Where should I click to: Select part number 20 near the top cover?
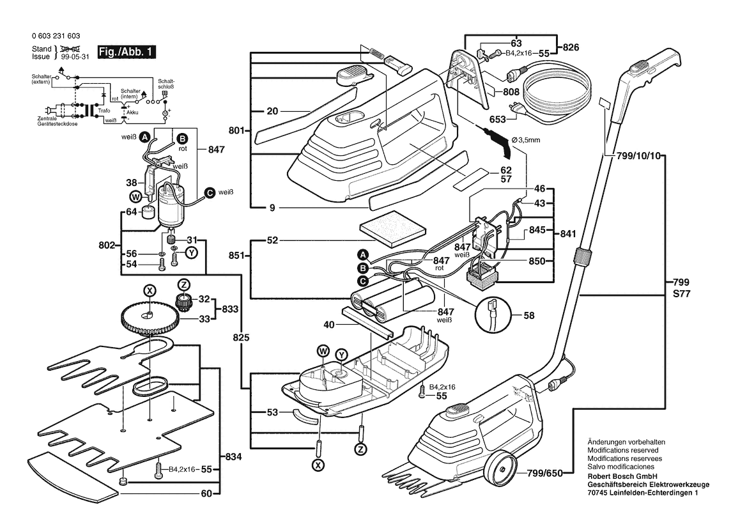point(272,111)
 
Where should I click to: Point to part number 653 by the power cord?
point(498,119)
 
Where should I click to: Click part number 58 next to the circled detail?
point(529,315)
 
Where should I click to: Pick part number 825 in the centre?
point(242,336)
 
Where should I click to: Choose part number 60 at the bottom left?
point(206,493)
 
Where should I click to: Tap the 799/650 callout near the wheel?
point(546,473)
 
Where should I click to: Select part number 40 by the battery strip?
point(329,325)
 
